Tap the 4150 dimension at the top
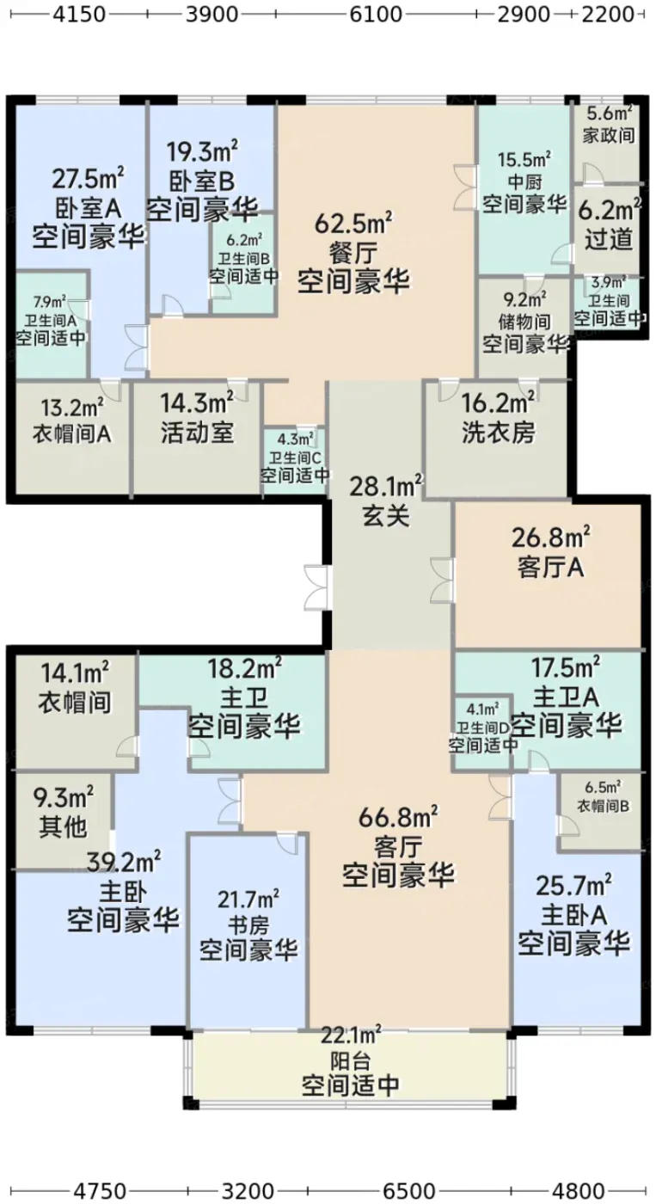pyautogui.click(x=80, y=14)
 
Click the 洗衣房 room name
pyautogui.click(x=498, y=432)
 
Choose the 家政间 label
pyautogui.click(x=609, y=135)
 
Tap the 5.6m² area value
pyautogui.click(x=609, y=113)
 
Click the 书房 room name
pyautogui.click(x=248, y=925)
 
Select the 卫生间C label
pyautogui.click(x=295, y=458)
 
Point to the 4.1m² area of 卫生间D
pyautogui.click(x=483, y=709)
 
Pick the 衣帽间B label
pyautogui.click(x=604, y=806)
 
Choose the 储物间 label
pyautogui.click(x=524, y=322)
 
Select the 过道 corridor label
pyautogui.click(x=609, y=239)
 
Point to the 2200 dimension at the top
pyautogui.click(x=608, y=14)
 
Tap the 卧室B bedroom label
pyautogui.click(x=200, y=181)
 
